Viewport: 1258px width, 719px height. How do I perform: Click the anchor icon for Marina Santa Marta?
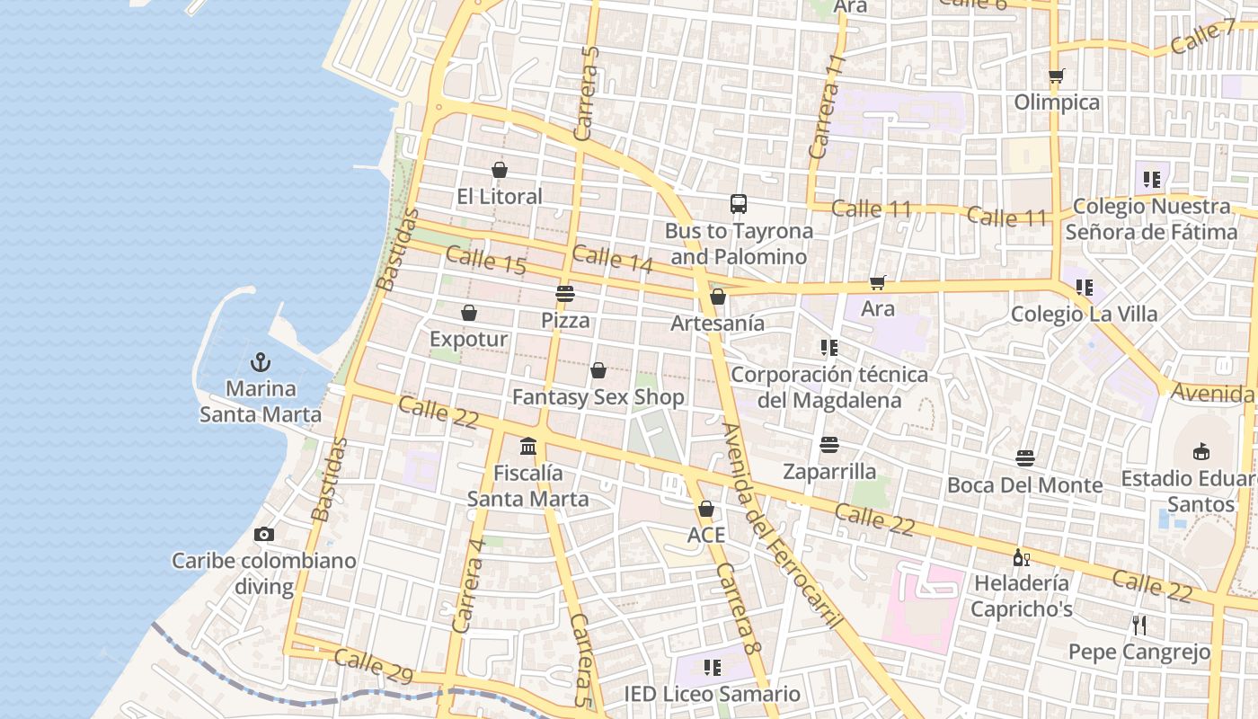(x=261, y=362)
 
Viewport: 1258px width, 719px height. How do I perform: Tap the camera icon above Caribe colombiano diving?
(x=263, y=535)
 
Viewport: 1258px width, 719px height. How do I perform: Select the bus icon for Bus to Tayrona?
(x=739, y=204)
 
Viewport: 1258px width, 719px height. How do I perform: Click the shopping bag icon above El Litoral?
(x=500, y=170)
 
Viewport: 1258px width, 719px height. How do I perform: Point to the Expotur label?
(x=468, y=340)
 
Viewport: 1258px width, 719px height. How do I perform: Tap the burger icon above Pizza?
(x=565, y=293)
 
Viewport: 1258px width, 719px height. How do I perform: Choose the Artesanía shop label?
(x=717, y=324)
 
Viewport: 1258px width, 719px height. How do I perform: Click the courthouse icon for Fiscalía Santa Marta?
(x=528, y=446)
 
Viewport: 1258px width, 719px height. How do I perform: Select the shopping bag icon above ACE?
(x=706, y=509)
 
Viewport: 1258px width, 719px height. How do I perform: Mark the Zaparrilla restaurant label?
(x=828, y=472)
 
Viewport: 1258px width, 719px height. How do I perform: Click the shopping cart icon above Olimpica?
(x=1057, y=76)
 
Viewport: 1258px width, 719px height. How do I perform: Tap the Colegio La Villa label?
(x=1084, y=315)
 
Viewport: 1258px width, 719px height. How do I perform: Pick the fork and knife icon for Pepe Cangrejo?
(x=1139, y=626)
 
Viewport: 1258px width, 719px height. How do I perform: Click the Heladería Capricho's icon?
(x=1022, y=558)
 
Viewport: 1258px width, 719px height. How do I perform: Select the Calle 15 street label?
(x=485, y=262)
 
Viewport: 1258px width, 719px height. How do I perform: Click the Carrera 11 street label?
(x=828, y=107)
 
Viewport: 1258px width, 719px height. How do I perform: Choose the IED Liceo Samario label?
(x=712, y=694)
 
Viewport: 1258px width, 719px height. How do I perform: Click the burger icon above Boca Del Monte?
(x=1025, y=459)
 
